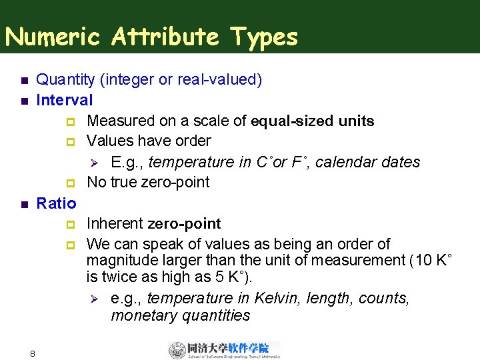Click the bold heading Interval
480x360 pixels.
(x=65, y=100)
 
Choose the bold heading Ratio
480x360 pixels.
(x=56, y=203)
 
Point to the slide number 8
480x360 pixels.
(x=32, y=353)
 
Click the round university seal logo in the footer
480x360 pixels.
(x=177, y=350)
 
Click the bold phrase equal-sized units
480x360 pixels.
(x=313, y=121)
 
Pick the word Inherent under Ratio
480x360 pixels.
(x=115, y=223)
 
